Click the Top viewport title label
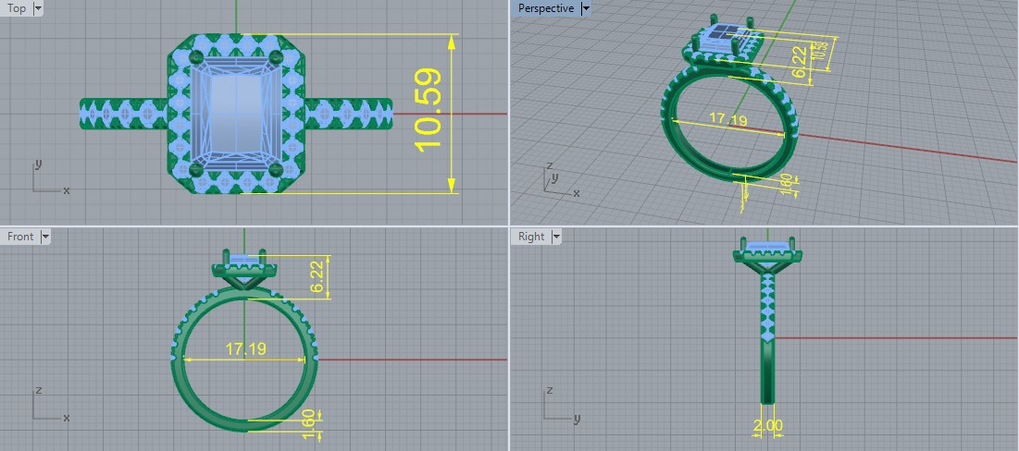(17, 8)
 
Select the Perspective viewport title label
(545, 8)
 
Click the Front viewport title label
(19, 237)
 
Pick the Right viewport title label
(531, 237)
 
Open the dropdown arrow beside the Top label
(37, 8)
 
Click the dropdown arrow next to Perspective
(585, 8)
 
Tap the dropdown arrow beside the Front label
(45, 237)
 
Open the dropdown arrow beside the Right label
(556, 237)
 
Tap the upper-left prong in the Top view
(195, 58)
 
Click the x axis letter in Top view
(67, 190)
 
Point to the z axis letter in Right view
(546, 390)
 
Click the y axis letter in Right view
(576, 419)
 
